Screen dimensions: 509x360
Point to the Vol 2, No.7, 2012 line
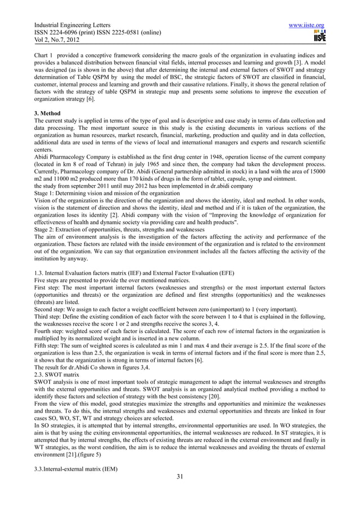(55, 42)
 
